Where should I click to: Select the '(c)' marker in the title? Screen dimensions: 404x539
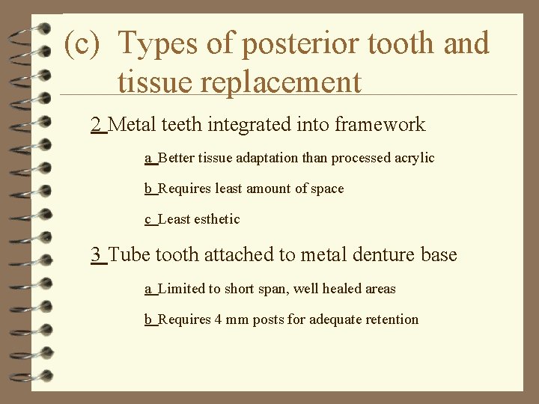click(x=82, y=44)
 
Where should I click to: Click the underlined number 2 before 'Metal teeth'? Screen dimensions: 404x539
click(x=96, y=125)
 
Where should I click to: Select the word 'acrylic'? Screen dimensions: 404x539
click(x=412, y=159)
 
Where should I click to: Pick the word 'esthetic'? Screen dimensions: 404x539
click(x=217, y=219)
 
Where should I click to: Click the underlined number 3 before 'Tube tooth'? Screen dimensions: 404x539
click(x=96, y=255)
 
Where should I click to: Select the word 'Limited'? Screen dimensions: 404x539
click(x=181, y=289)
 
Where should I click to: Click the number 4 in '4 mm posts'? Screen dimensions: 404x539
click(x=218, y=320)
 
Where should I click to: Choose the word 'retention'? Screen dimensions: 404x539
click(x=392, y=320)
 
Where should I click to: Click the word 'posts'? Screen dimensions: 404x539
click(x=268, y=320)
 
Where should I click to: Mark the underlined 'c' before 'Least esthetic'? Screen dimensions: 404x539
click(x=148, y=219)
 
